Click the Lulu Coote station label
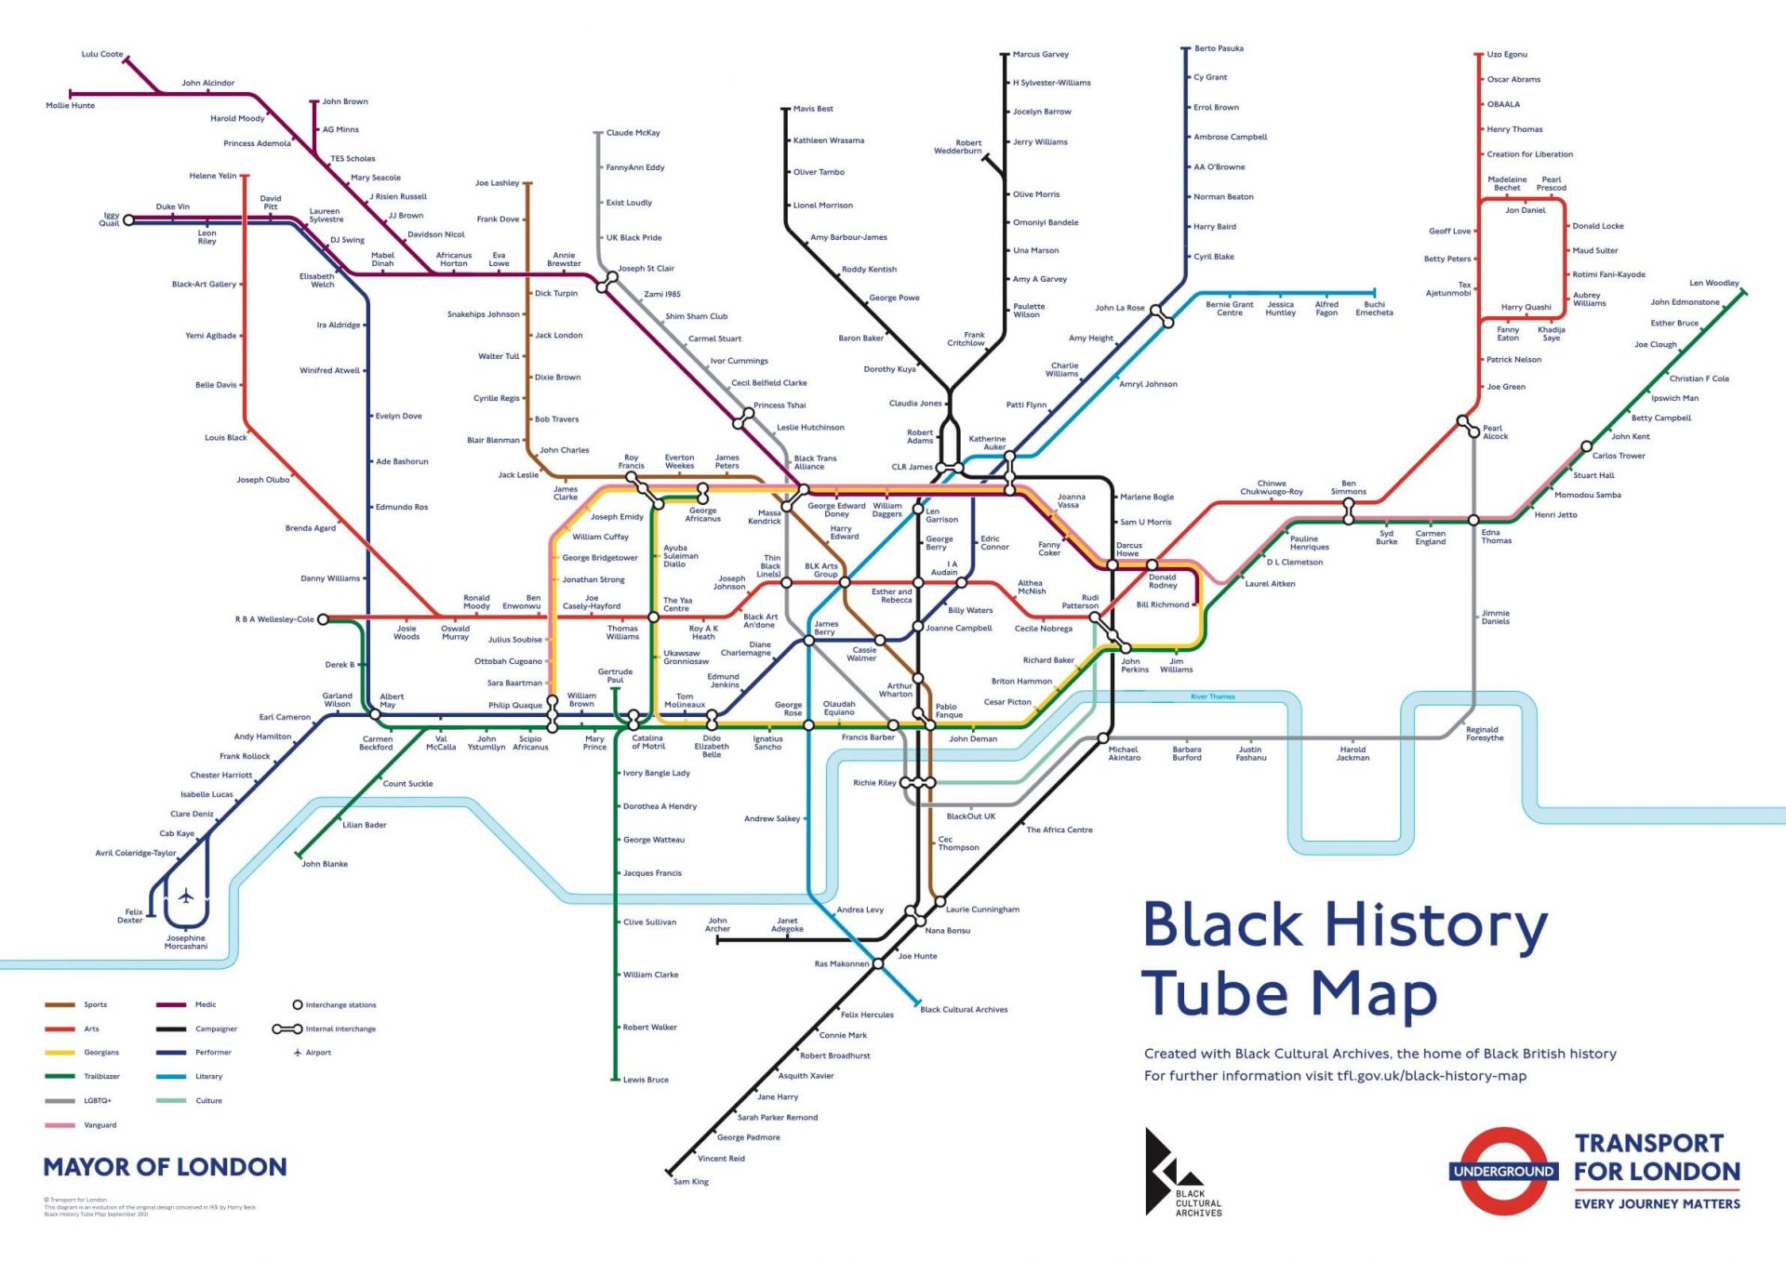click(x=101, y=54)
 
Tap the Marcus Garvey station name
click(x=1040, y=54)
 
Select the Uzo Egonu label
click(x=1507, y=54)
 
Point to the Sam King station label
click(x=690, y=1182)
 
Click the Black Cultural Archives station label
click(x=964, y=1009)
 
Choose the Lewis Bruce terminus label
click(x=646, y=1080)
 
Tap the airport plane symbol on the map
click(x=186, y=896)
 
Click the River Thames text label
click(x=1213, y=697)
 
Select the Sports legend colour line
click(x=60, y=1004)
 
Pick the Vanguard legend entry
click(x=100, y=1125)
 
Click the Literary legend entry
click(x=208, y=1077)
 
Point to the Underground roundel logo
click(x=1503, y=1171)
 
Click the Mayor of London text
click(x=165, y=1167)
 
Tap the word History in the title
click(x=1436, y=925)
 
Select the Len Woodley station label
click(x=1713, y=283)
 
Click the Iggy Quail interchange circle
click(x=129, y=220)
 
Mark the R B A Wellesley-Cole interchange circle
click(x=323, y=619)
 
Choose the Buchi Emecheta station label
click(x=1374, y=309)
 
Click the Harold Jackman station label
click(x=1353, y=753)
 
